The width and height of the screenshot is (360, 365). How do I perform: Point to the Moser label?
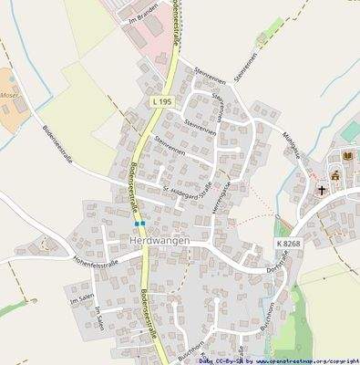(9, 95)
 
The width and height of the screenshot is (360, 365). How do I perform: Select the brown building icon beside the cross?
(334, 174)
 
